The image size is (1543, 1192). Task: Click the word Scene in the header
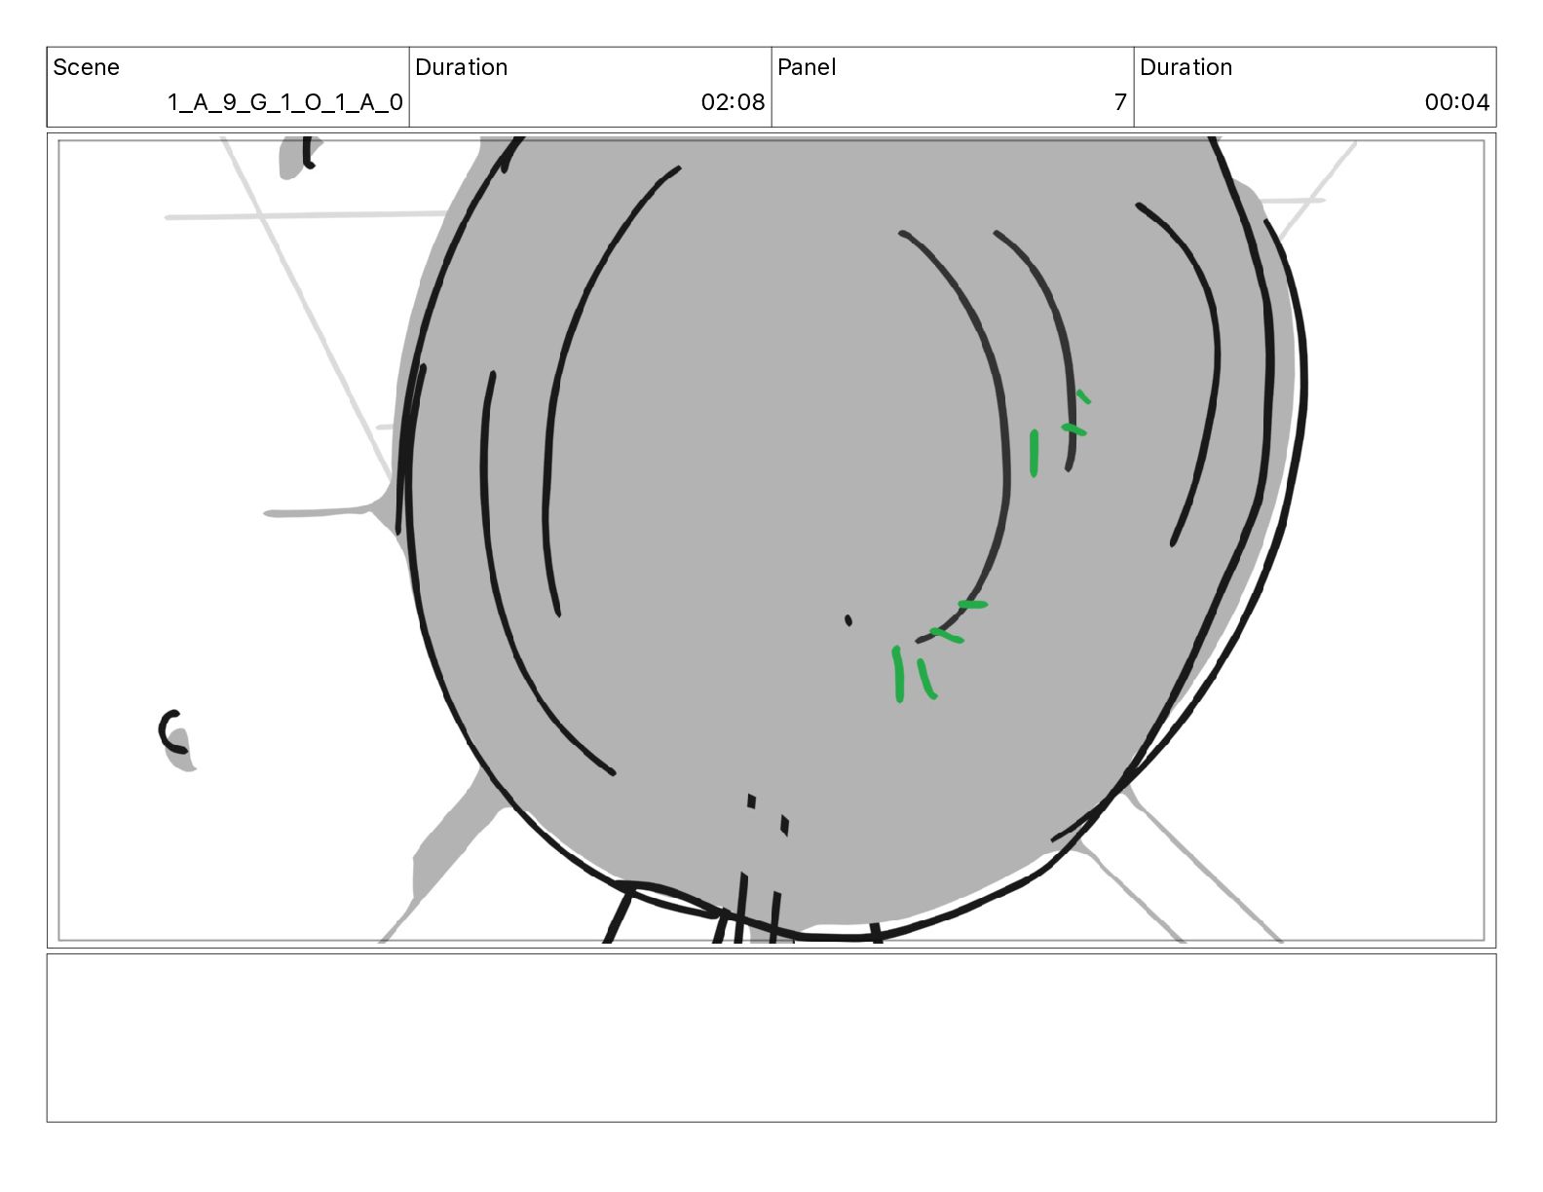86,67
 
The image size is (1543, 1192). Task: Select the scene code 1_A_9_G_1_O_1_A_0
285,102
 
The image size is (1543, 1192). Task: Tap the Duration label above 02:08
461,67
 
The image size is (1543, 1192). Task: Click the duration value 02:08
733,102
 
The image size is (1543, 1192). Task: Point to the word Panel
807,67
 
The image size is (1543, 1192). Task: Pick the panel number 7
1120,102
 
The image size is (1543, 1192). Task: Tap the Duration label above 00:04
1185,67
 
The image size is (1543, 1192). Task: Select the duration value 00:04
1457,102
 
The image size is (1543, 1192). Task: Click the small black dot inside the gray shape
847,620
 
